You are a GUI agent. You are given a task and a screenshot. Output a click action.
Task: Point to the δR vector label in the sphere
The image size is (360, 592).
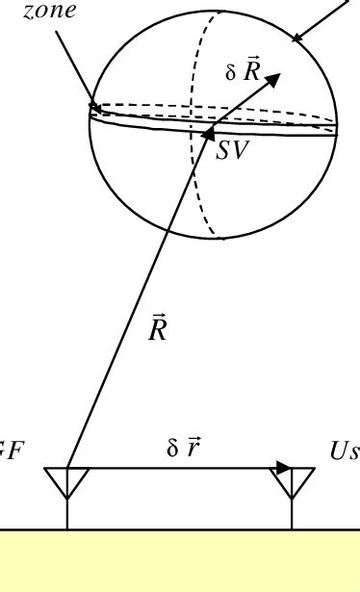244,73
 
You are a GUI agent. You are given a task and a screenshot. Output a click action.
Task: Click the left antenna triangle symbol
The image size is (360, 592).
67,481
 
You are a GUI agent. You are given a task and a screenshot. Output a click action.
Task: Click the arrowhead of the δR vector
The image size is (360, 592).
272,79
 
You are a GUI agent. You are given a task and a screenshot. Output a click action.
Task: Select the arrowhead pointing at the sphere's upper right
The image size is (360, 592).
299,39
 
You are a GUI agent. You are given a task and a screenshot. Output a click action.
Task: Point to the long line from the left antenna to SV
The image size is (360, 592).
135,308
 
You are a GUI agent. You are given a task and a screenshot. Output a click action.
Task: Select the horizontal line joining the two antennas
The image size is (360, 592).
173,469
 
